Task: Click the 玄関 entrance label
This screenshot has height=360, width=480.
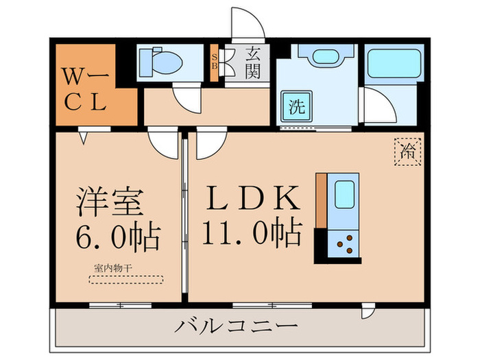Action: [252, 62]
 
